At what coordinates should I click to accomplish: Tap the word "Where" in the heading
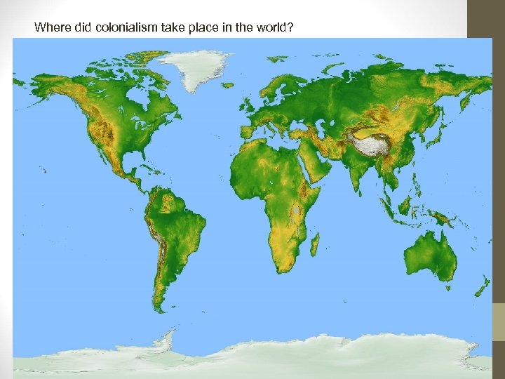pos(48,28)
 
